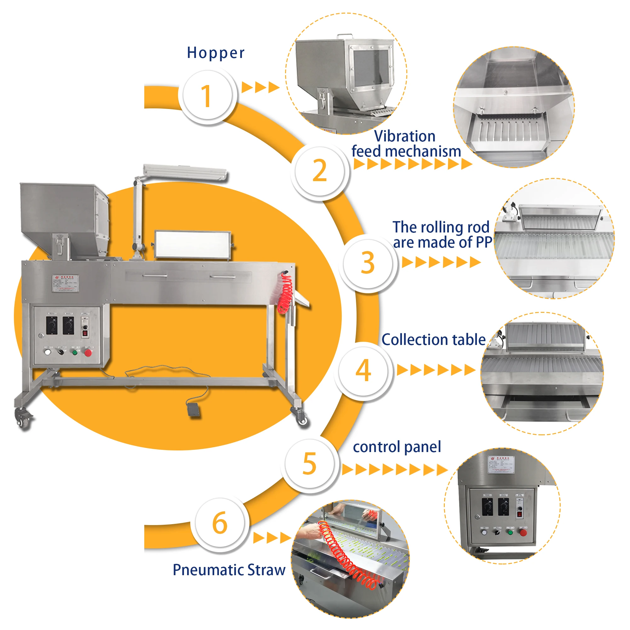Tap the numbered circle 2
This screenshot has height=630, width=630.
point(319,171)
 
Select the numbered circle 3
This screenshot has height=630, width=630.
point(368,263)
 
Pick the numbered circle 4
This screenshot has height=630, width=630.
point(363,371)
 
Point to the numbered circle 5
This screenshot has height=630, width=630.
point(309,463)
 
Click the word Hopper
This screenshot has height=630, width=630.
point(215,53)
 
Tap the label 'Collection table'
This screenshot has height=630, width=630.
point(433,340)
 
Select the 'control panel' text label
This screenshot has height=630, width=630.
point(397,447)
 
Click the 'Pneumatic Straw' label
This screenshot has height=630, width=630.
point(229,570)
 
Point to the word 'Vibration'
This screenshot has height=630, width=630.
point(405,136)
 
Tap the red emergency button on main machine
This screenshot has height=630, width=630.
point(88,352)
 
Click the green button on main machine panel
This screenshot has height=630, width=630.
point(75,352)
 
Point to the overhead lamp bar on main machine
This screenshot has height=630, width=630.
point(185,172)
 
